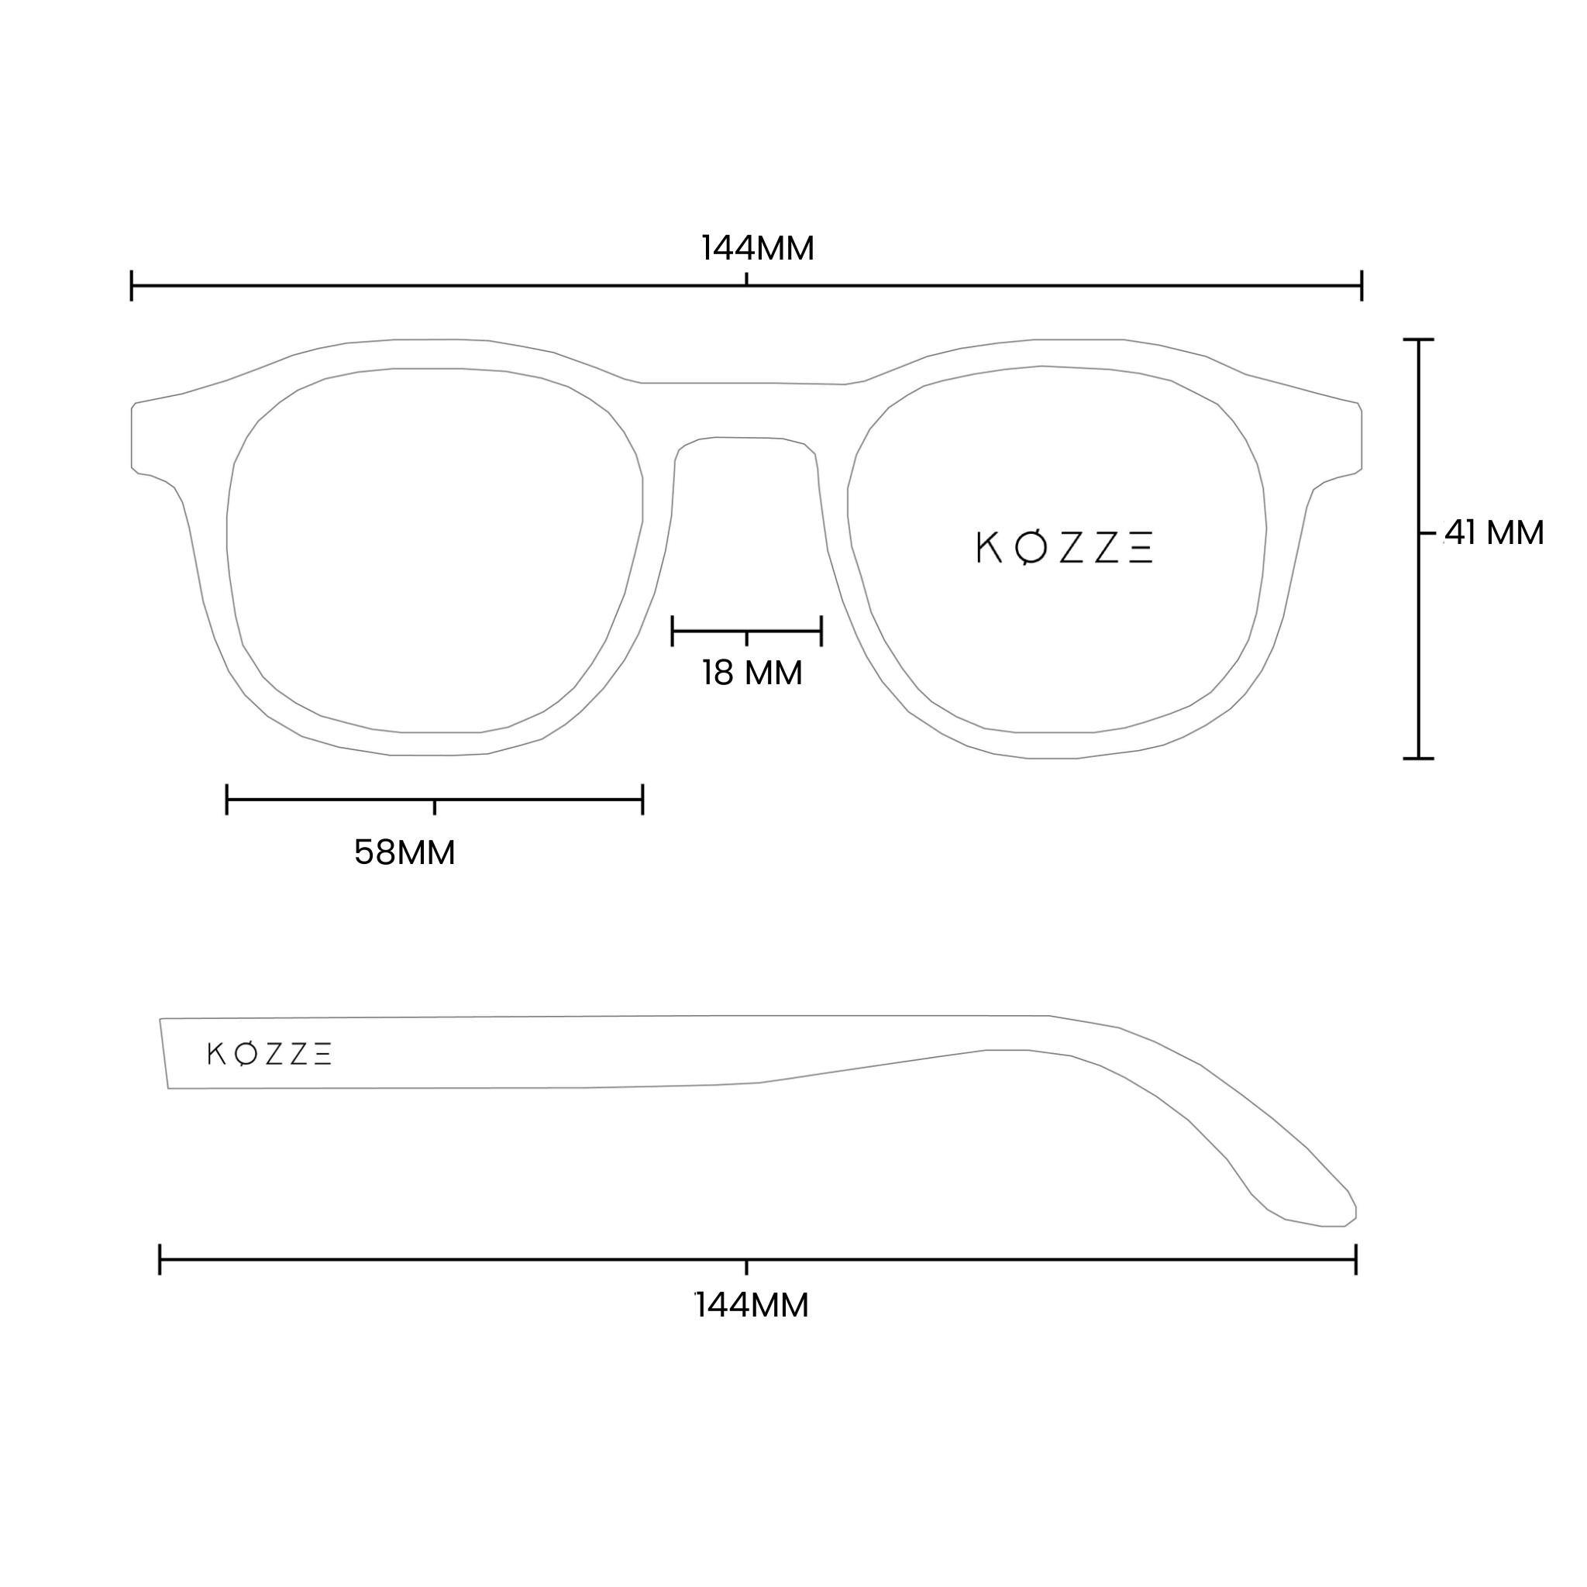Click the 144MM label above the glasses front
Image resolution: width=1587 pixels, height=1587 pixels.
(x=757, y=248)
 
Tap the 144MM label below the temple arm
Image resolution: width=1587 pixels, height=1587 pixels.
(x=752, y=1305)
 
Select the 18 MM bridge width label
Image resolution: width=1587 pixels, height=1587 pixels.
(x=752, y=673)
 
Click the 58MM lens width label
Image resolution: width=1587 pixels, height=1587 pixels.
(x=404, y=852)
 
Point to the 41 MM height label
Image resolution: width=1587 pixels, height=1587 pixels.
(x=1494, y=533)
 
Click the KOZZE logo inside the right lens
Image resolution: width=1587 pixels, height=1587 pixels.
(x=1065, y=548)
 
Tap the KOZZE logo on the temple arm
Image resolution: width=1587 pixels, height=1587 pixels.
(x=270, y=1054)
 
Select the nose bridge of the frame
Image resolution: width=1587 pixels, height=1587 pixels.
(x=747, y=411)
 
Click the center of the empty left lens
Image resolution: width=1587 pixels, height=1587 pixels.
(x=435, y=550)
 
